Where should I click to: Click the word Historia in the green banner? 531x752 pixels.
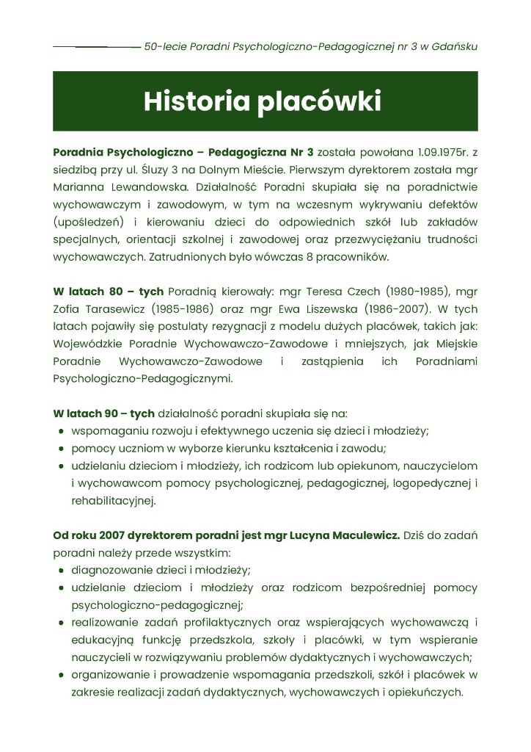196,101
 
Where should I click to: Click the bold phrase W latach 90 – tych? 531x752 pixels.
103,413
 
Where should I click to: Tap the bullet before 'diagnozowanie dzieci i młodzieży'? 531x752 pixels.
62,571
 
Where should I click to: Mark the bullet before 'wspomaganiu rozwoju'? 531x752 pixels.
62,432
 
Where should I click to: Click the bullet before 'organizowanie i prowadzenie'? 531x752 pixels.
62,675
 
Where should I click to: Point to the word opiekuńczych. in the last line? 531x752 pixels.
431,692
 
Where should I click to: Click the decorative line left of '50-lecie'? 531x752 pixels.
96,46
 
